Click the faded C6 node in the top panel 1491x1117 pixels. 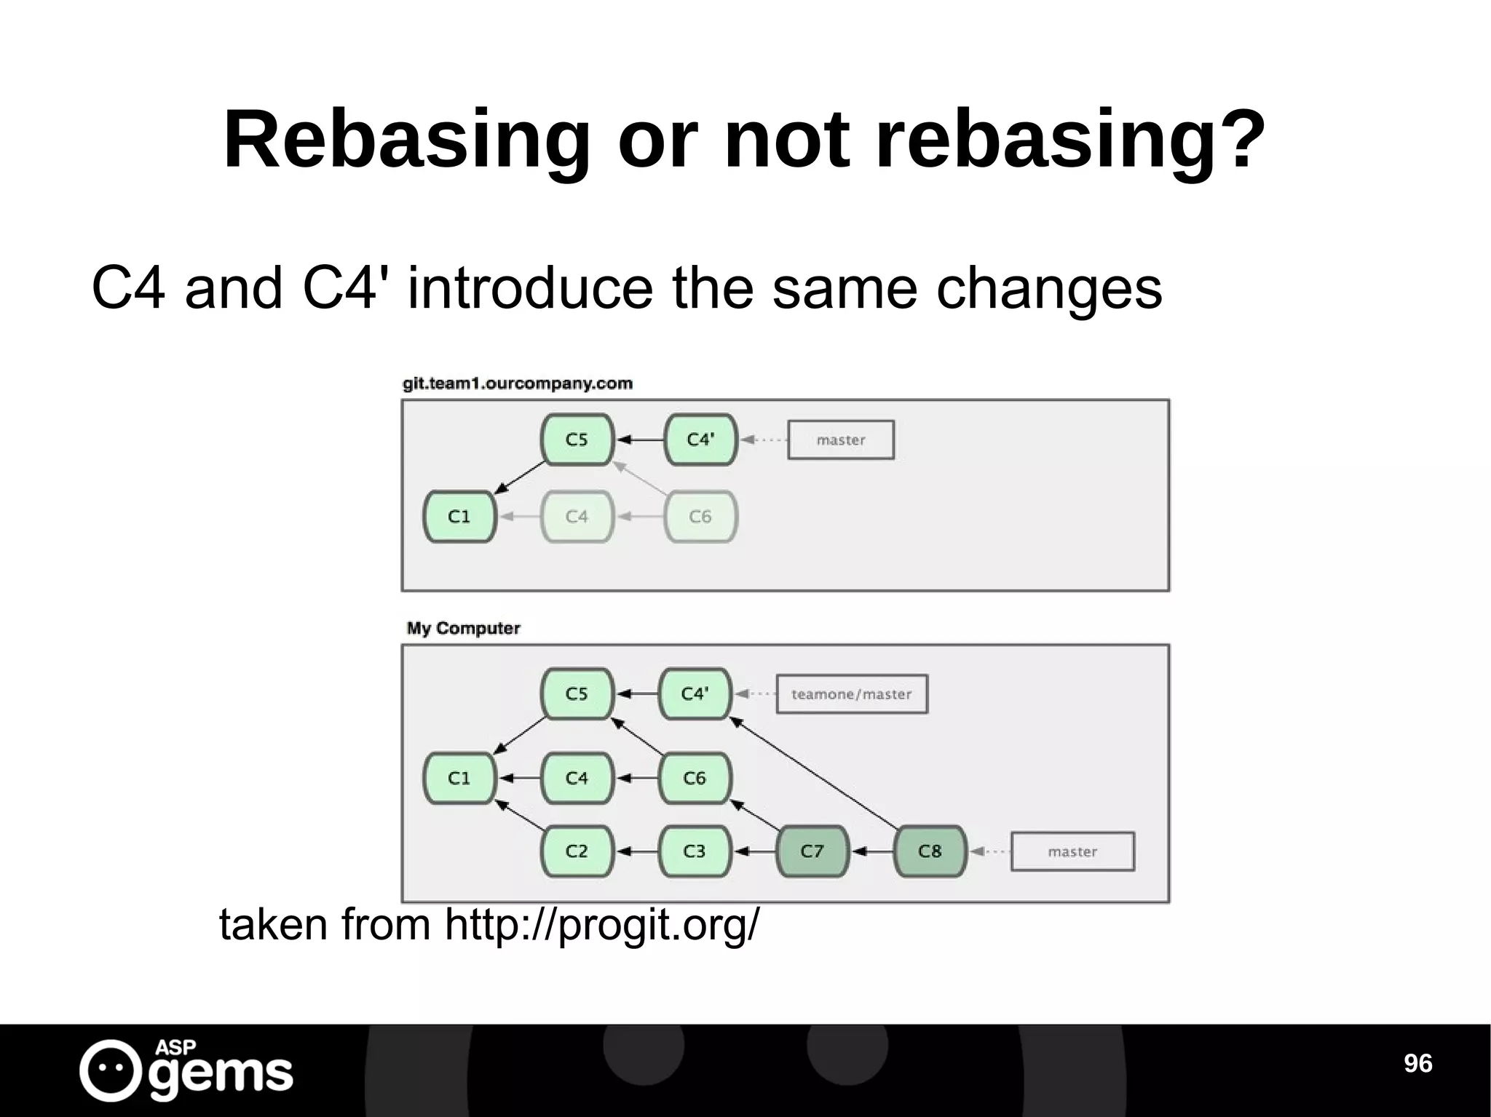tap(700, 517)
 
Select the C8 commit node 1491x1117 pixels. tap(930, 851)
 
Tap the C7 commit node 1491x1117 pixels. tap(812, 851)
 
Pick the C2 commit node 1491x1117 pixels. tap(577, 851)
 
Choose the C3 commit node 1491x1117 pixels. tap(695, 851)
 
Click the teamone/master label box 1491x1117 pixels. tap(852, 694)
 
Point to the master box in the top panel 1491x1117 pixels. tap(841, 440)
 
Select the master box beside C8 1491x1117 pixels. tap(1072, 851)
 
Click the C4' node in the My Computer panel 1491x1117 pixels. tap(695, 694)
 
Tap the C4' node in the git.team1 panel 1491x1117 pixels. tap(700, 440)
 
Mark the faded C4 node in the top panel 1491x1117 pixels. tap(577, 517)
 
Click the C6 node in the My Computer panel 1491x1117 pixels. tap(695, 779)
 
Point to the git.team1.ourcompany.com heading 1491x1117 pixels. tap(518, 383)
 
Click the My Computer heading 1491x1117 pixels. tap(464, 628)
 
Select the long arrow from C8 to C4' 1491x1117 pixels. tap(815, 774)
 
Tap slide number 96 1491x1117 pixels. tap(1417, 1063)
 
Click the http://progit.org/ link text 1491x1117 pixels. tap(601, 925)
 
